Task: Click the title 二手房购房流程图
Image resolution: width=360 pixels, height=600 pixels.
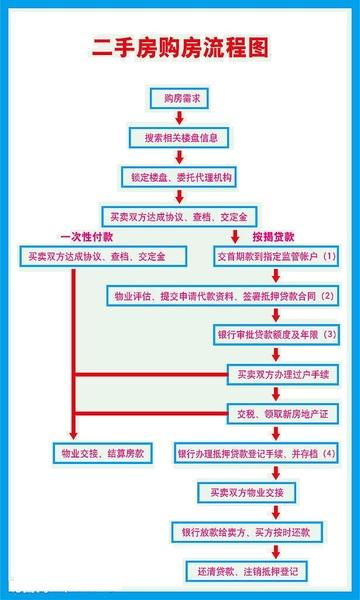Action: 180,47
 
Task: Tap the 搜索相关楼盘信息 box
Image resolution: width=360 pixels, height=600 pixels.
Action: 180,136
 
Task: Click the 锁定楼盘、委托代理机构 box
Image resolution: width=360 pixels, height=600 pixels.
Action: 180,175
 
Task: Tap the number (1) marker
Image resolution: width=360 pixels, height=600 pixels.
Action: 329,257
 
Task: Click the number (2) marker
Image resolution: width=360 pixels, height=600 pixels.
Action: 327,296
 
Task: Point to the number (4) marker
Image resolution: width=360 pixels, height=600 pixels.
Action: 329,452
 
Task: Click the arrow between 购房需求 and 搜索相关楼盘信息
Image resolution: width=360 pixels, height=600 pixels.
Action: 180,117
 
